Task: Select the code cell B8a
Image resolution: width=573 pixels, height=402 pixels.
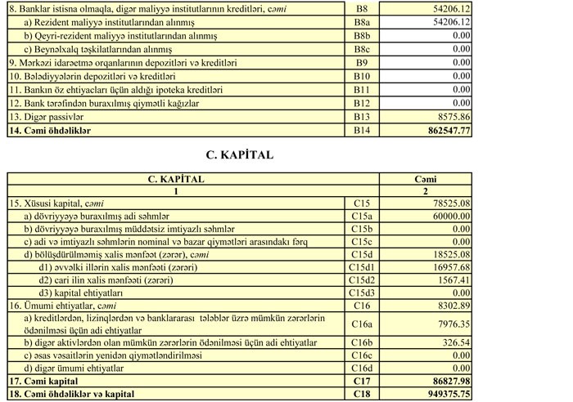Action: [x=362, y=22]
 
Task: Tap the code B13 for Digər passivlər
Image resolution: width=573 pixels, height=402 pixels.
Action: [x=362, y=117]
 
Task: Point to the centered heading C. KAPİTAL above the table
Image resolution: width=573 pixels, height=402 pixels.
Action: [x=239, y=154]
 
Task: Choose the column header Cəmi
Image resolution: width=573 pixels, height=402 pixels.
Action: [x=426, y=178]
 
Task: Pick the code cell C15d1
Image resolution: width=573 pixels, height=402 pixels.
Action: [x=362, y=266]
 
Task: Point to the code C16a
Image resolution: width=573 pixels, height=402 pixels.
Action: [x=362, y=324]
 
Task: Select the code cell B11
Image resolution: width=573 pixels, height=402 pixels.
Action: [x=362, y=89]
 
